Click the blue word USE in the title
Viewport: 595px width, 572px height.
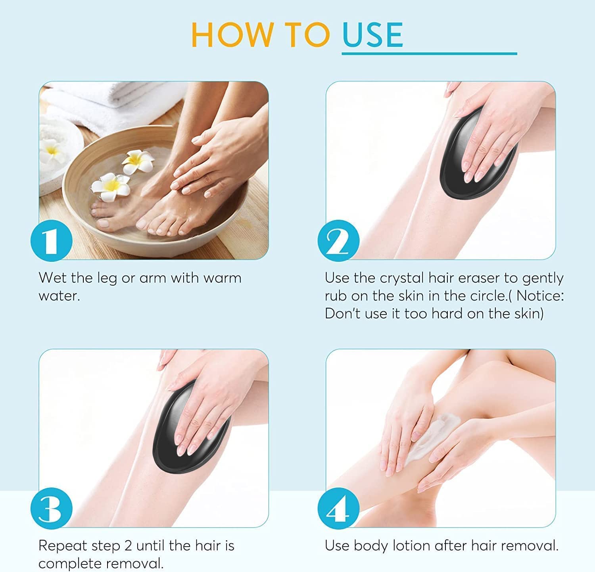pyautogui.click(x=372, y=35)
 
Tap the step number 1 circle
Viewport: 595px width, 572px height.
pyautogui.click(x=52, y=241)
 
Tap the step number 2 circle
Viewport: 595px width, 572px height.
pyautogui.click(x=339, y=241)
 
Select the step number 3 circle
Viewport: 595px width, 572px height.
pyautogui.click(x=52, y=509)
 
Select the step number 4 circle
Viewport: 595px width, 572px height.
pyautogui.click(x=339, y=509)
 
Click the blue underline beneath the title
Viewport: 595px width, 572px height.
pyautogui.click(x=429, y=53)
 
